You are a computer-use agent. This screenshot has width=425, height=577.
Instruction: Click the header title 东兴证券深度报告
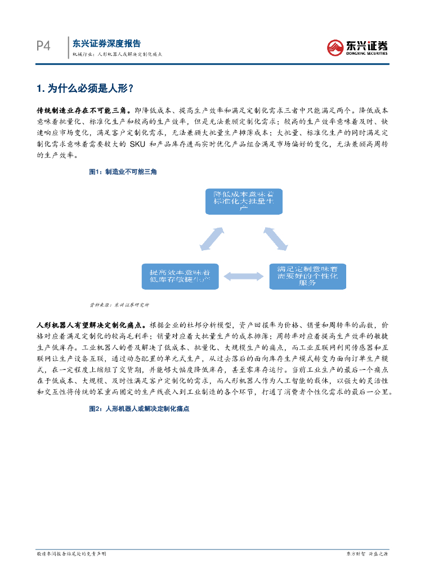point(107,43)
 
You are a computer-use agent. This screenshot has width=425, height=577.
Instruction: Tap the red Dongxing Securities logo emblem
point(336,47)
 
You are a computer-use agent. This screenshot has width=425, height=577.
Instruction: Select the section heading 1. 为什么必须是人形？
point(85,88)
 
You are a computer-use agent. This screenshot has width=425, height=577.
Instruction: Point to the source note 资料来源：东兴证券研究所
point(119,305)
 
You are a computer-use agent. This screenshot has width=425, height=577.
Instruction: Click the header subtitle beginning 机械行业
point(117,55)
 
